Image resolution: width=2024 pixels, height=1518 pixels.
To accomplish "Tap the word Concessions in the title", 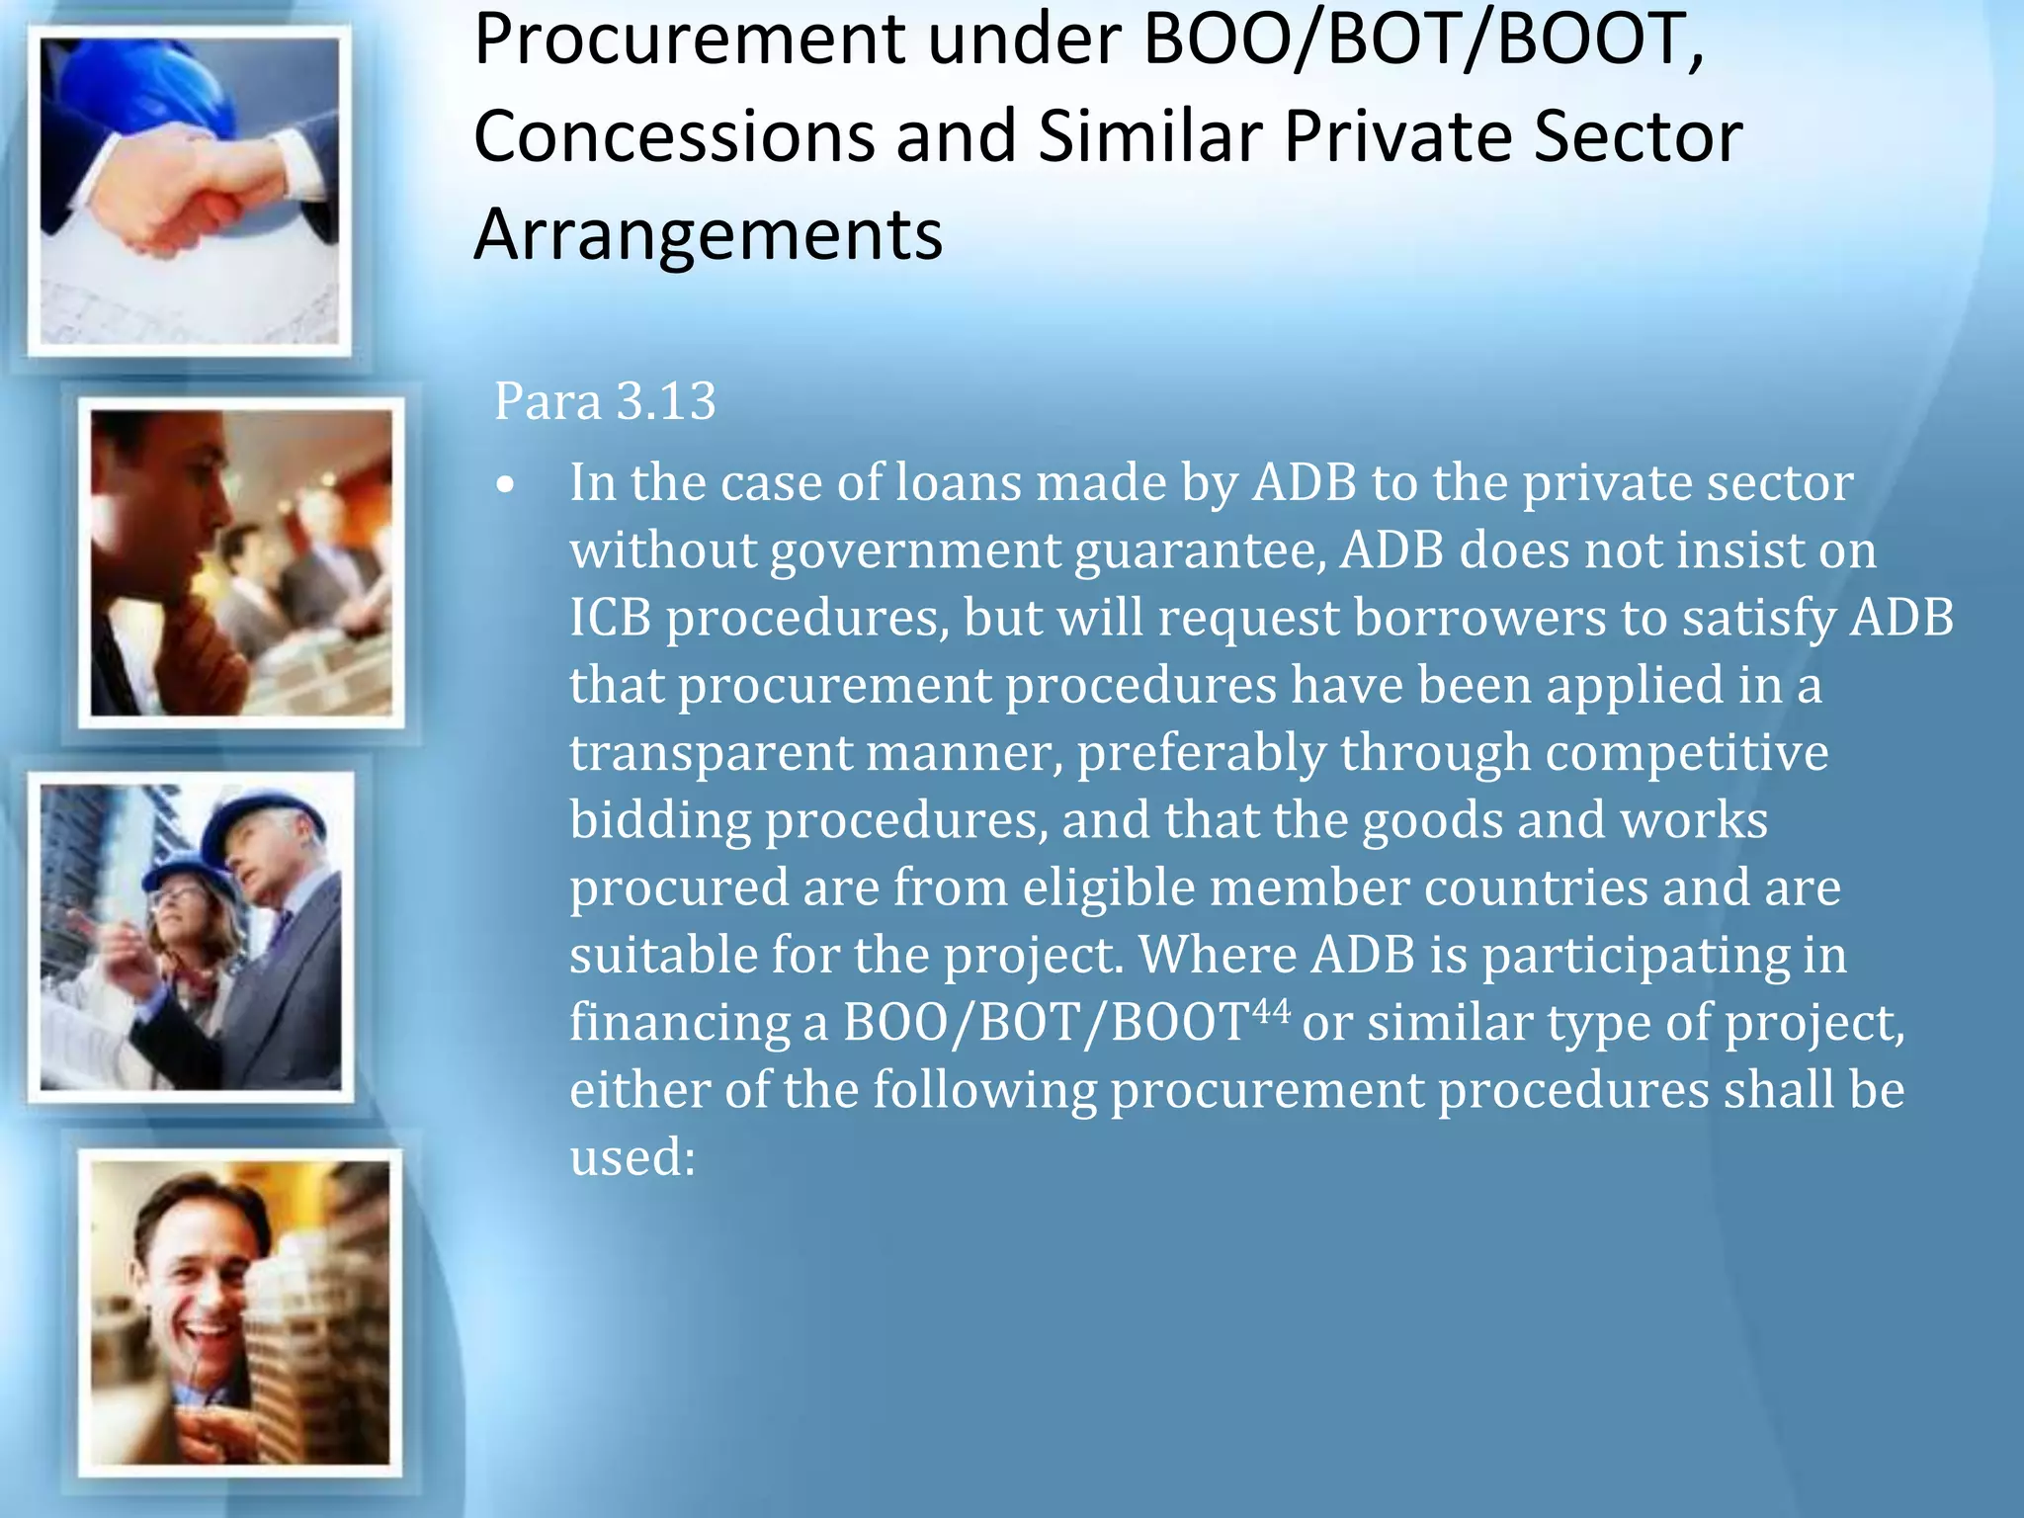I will coord(674,136).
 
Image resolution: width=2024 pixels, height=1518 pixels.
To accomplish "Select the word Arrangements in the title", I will coord(708,235).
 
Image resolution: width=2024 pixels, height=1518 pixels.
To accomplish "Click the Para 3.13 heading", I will coord(605,401).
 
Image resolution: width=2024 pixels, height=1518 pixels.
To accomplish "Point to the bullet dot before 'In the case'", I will coord(507,486).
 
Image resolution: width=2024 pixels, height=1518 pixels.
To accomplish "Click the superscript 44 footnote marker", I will coord(1270,1010).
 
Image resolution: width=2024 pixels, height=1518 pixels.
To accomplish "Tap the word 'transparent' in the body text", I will coord(710,753).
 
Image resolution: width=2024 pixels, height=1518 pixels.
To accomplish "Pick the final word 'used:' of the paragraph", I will coord(632,1157).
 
